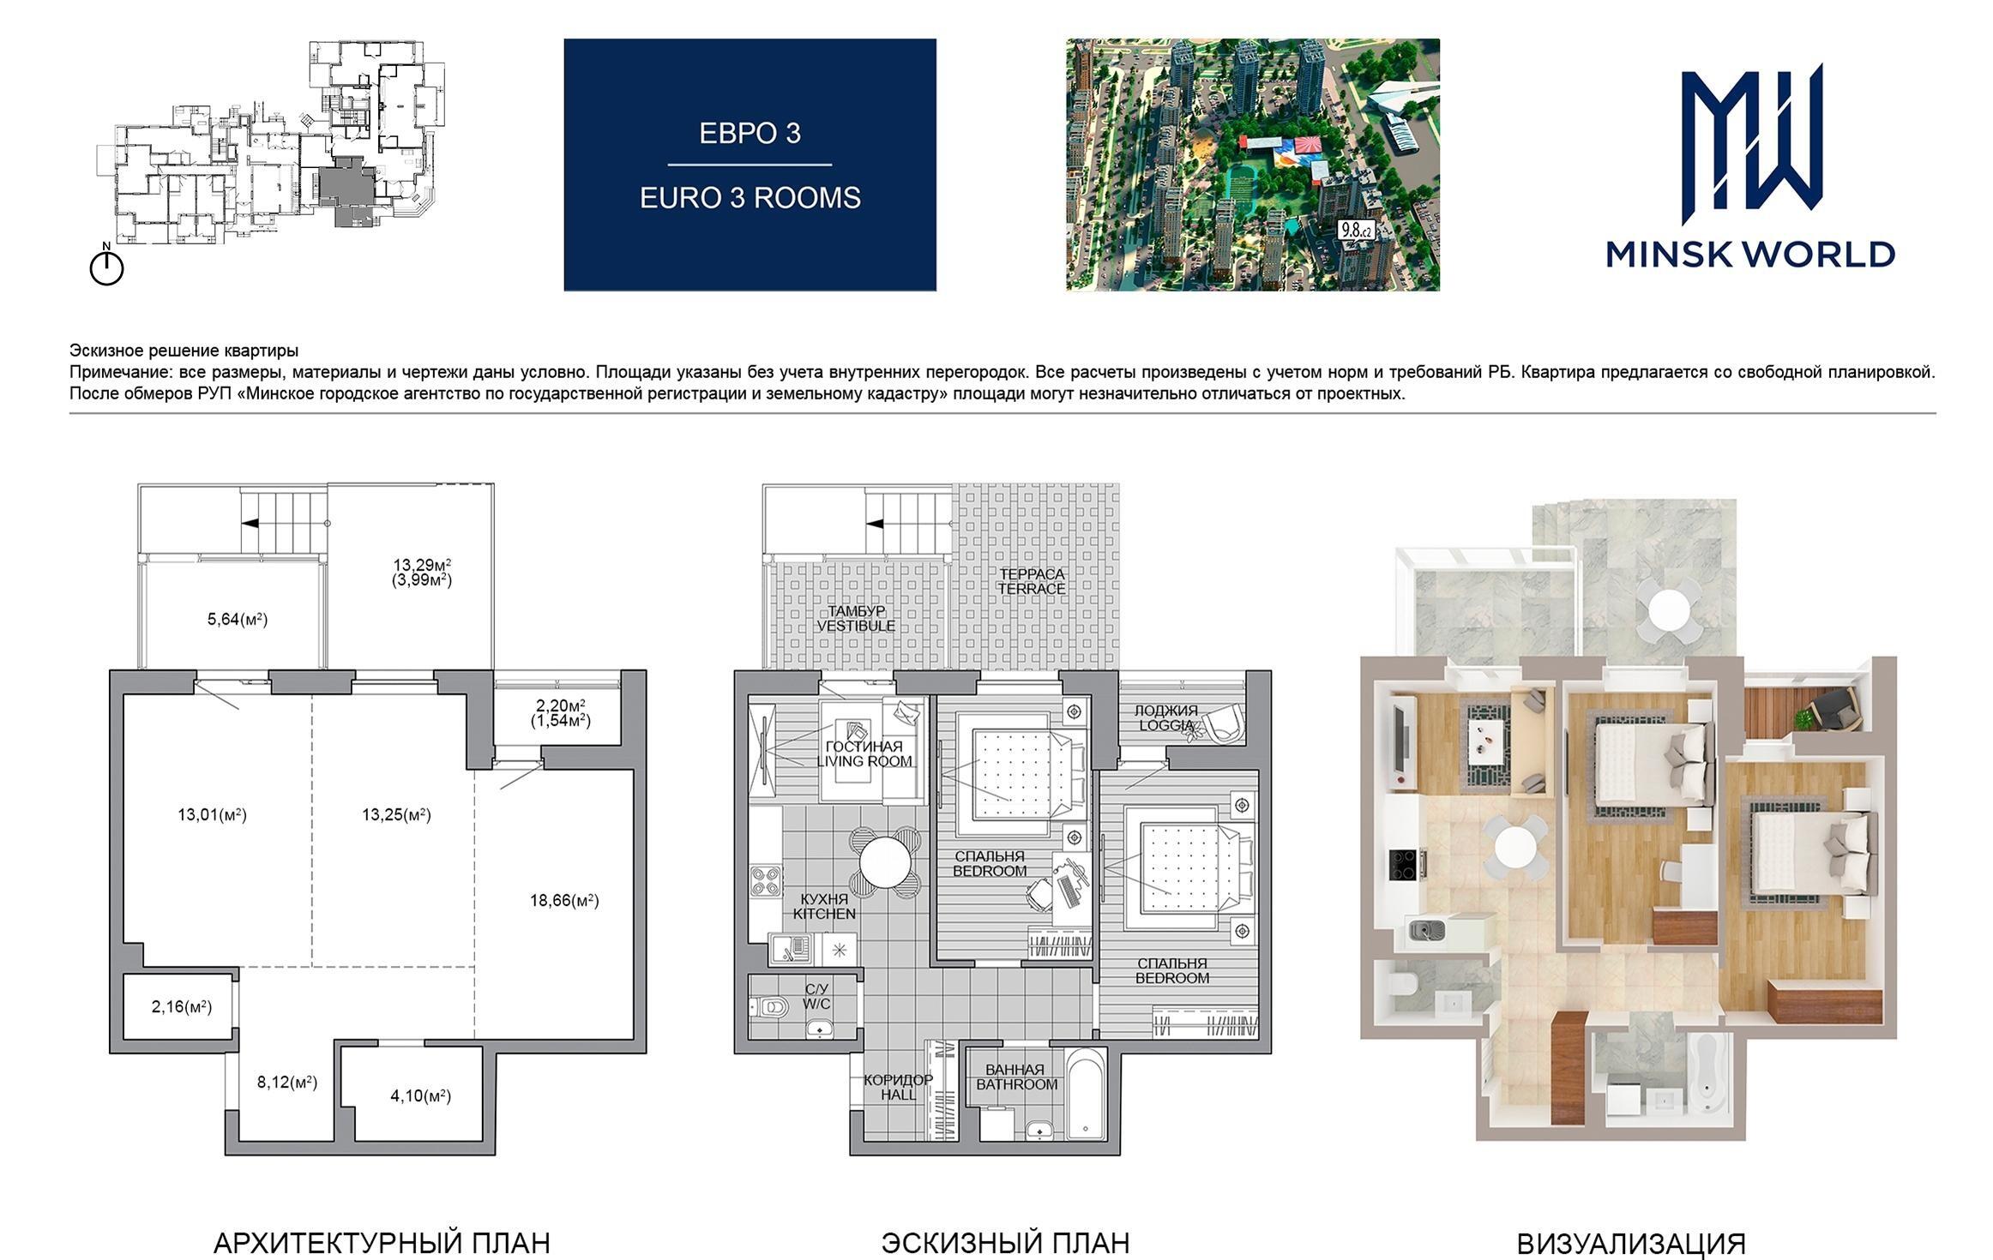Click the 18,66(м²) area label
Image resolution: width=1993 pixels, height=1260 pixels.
(x=564, y=900)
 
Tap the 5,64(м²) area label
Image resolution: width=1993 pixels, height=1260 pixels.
(x=238, y=619)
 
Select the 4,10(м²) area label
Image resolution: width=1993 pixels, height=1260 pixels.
(x=420, y=1095)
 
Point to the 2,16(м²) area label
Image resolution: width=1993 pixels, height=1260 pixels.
(x=182, y=1006)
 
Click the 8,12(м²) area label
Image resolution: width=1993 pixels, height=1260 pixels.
(x=287, y=1083)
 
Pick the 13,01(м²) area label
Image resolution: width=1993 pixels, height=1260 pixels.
(x=212, y=814)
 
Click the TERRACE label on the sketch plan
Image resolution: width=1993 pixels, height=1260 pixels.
(x=1031, y=589)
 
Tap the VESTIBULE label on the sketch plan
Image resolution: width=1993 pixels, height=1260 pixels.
(x=856, y=626)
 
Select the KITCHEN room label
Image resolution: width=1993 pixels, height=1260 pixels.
(x=824, y=914)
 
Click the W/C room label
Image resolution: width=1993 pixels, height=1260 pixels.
(x=816, y=1004)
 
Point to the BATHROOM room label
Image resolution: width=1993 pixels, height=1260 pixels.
(x=1017, y=1084)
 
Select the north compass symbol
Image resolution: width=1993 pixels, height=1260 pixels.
(x=106, y=266)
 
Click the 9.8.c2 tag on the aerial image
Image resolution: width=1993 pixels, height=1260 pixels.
(x=1356, y=229)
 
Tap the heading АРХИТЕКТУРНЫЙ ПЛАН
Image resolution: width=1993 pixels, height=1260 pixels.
(x=382, y=1243)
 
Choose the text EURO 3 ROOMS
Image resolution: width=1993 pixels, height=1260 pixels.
(x=750, y=198)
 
